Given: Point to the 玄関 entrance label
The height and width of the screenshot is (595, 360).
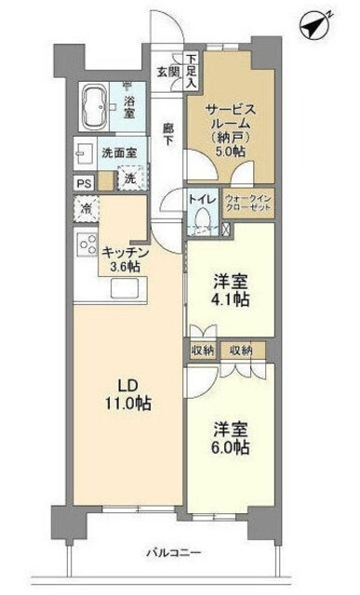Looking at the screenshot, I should pos(167,71).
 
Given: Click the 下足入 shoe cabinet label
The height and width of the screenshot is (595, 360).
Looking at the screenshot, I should pos(190,70).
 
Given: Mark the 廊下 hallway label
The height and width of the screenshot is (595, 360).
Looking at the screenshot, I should pos(167,132).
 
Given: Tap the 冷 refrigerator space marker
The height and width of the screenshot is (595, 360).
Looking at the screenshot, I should pos(85,209).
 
